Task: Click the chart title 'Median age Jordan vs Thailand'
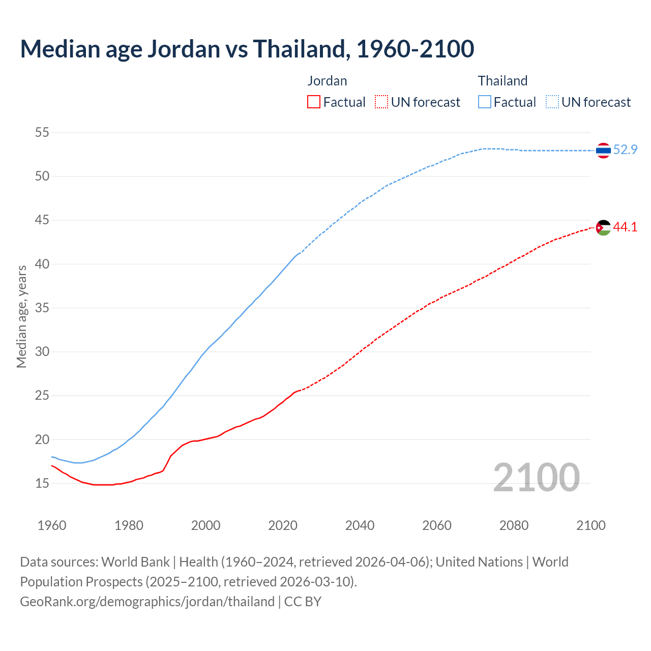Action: pos(247,49)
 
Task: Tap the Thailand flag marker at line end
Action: pos(603,150)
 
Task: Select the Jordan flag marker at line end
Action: pos(603,227)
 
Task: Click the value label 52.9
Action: pos(625,150)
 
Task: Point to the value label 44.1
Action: pos(625,227)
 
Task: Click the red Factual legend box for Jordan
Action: pos(314,102)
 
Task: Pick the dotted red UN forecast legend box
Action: pos(381,102)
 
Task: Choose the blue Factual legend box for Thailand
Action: pos(485,102)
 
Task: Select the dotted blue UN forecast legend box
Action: pos(552,102)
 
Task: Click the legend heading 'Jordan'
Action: pos(327,81)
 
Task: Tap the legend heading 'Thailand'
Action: pos(502,81)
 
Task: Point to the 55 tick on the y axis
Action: pos(42,133)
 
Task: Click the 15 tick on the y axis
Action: pos(42,483)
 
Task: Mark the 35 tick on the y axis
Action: pos(42,308)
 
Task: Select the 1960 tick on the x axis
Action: pos(52,525)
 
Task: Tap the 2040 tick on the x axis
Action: pos(360,525)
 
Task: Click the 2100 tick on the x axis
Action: pos(591,525)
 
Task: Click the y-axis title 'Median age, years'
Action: pos(21,316)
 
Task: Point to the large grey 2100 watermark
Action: pos(536,477)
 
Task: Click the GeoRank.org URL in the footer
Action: pos(147,602)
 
